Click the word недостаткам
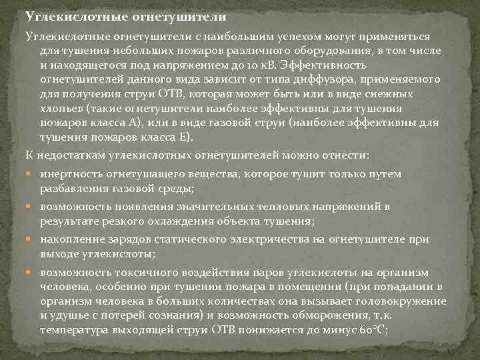(73, 155)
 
